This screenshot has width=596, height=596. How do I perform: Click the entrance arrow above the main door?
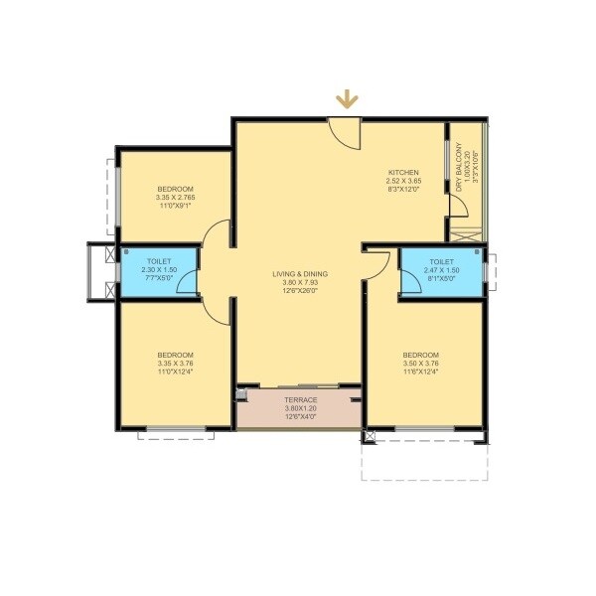pos(346,98)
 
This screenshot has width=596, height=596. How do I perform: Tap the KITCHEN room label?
pos(403,172)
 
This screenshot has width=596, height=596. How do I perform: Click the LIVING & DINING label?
pos(301,273)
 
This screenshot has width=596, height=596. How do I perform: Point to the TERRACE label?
pos(301,399)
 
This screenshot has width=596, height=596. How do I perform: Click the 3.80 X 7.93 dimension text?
pos(301,282)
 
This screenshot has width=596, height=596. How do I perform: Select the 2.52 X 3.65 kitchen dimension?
pos(404,181)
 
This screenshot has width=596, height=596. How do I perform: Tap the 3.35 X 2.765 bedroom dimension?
pos(175,198)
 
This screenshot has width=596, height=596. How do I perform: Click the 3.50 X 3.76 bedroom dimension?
pos(420,364)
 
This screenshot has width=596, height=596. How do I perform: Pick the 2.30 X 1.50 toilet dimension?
pos(160,270)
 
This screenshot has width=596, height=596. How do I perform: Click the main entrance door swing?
pos(345,133)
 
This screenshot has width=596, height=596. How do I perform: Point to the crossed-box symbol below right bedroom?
pos(371,435)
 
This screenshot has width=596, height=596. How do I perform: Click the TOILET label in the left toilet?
pos(160,261)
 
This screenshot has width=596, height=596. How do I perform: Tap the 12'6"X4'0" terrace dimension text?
pos(301,416)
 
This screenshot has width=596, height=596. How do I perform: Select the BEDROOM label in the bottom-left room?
pos(175,355)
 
